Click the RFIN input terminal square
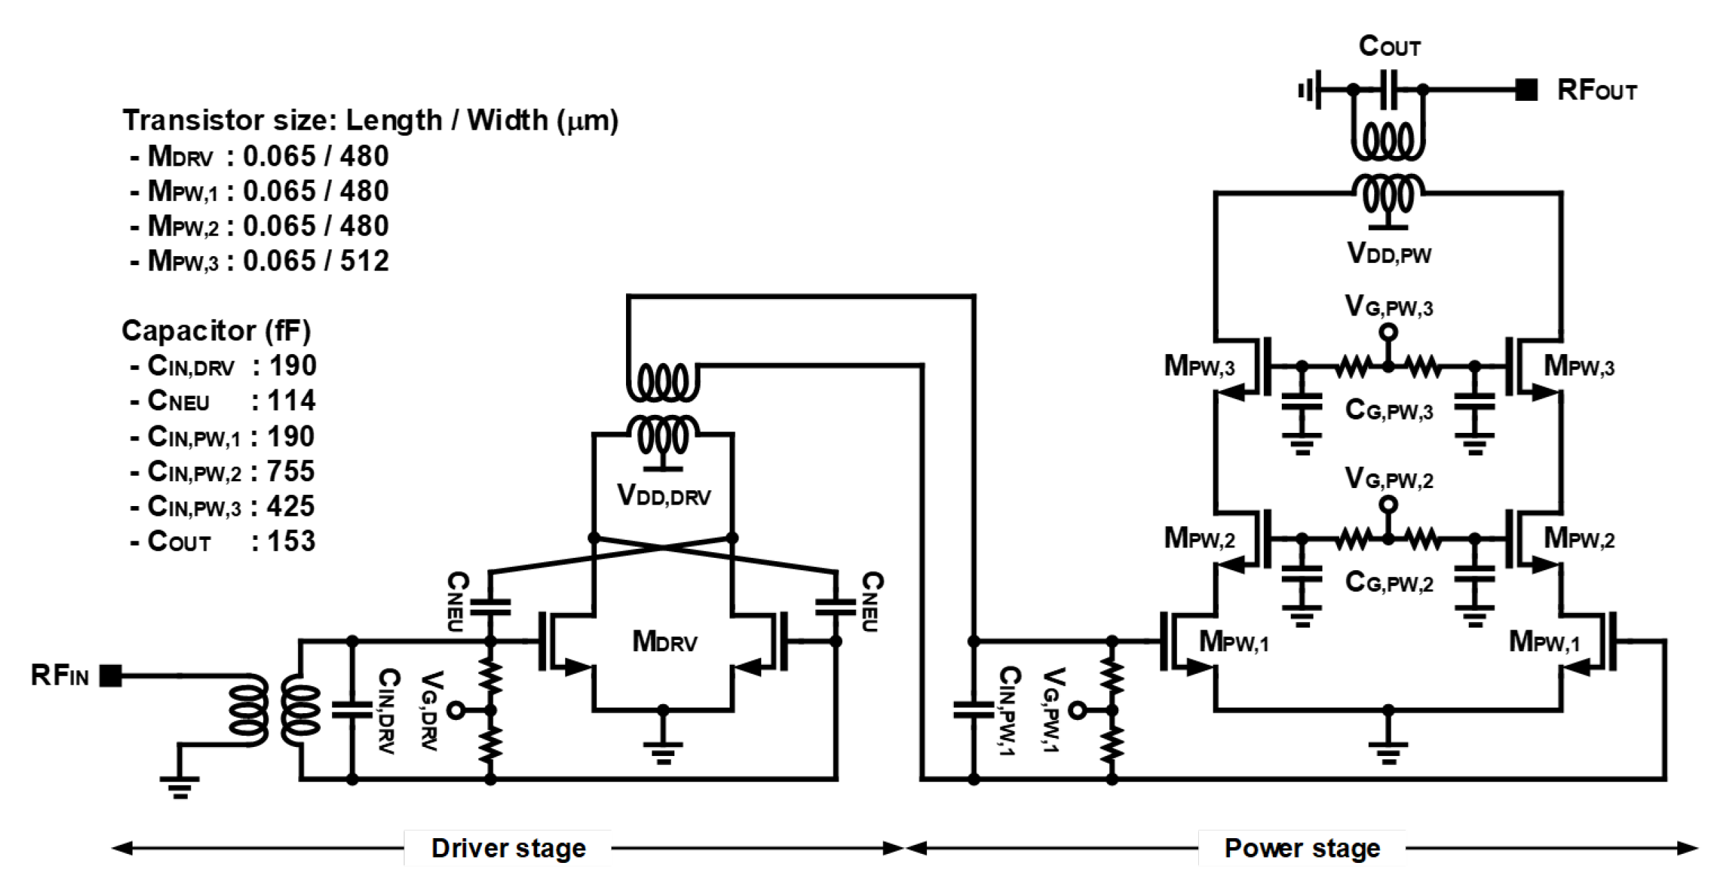110,676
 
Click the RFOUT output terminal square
1526,90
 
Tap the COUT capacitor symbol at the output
1388,90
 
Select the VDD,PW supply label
1389,254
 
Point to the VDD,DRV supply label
663,495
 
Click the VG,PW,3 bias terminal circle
1388,333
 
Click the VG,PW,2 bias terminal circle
1388,505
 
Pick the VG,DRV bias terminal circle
456,710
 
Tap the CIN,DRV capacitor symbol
352,710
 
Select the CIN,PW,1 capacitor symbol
973,710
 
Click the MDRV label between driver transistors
665,642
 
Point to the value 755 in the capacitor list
291,472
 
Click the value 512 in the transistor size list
364,261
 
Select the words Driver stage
509,848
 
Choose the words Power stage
1302,848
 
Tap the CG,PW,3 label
1389,411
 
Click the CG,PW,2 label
1389,583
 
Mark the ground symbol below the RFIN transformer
180,787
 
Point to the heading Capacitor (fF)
216,331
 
